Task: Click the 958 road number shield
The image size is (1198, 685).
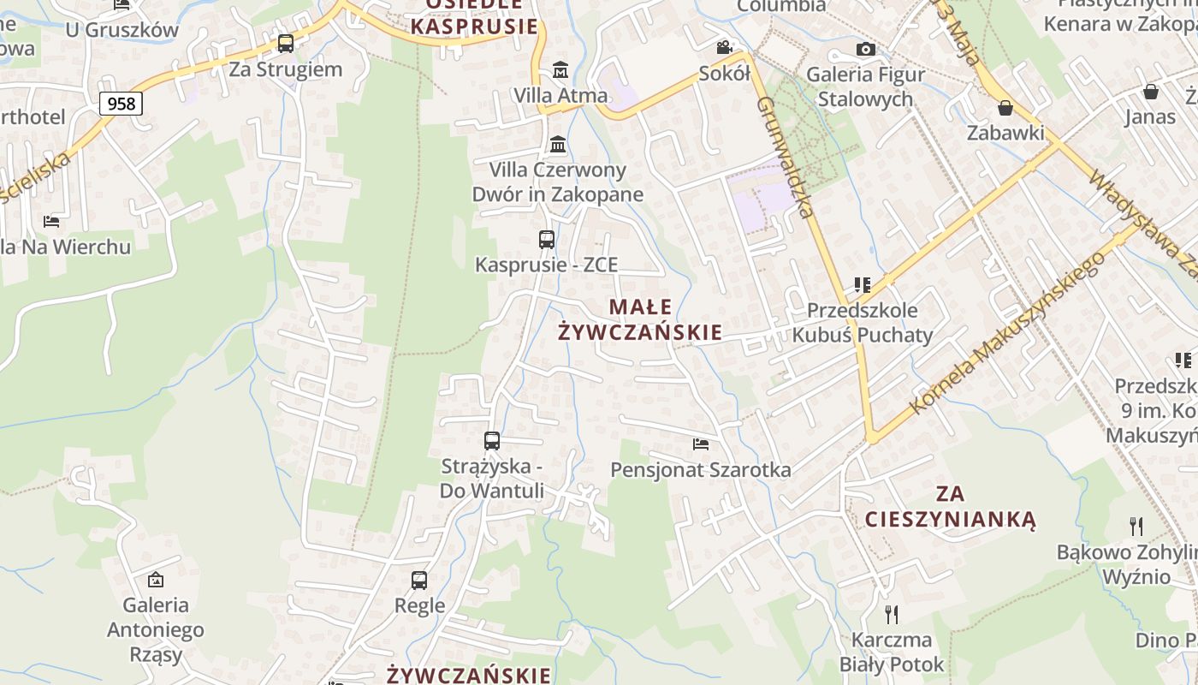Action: [x=122, y=104]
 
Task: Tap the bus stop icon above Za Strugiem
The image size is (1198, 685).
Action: [x=286, y=43]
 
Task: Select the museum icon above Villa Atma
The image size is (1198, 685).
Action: [x=560, y=68]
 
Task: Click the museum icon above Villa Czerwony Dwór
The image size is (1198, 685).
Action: [x=558, y=144]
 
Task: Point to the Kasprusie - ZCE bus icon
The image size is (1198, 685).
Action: [x=547, y=240]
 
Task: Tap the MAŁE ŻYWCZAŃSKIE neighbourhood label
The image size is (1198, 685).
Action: [x=640, y=319]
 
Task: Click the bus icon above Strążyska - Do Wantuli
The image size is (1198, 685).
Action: [x=492, y=441]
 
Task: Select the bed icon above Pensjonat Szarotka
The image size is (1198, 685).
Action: [x=701, y=444]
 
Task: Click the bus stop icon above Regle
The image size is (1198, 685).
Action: [x=419, y=580]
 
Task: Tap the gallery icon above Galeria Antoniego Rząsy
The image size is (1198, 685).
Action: [x=156, y=580]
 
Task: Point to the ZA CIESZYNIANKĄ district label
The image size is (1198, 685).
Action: [x=950, y=507]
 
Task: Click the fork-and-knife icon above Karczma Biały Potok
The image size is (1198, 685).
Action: [x=892, y=614]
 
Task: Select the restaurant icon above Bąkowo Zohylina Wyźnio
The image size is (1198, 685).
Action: [x=1136, y=525]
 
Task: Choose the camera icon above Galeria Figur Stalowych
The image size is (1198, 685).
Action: [x=866, y=49]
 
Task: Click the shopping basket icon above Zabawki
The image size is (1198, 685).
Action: [x=1005, y=108]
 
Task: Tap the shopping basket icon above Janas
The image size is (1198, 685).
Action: [x=1151, y=92]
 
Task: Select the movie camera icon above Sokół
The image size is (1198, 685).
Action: [x=725, y=47]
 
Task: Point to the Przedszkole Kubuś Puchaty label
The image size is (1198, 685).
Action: [x=863, y=322]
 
